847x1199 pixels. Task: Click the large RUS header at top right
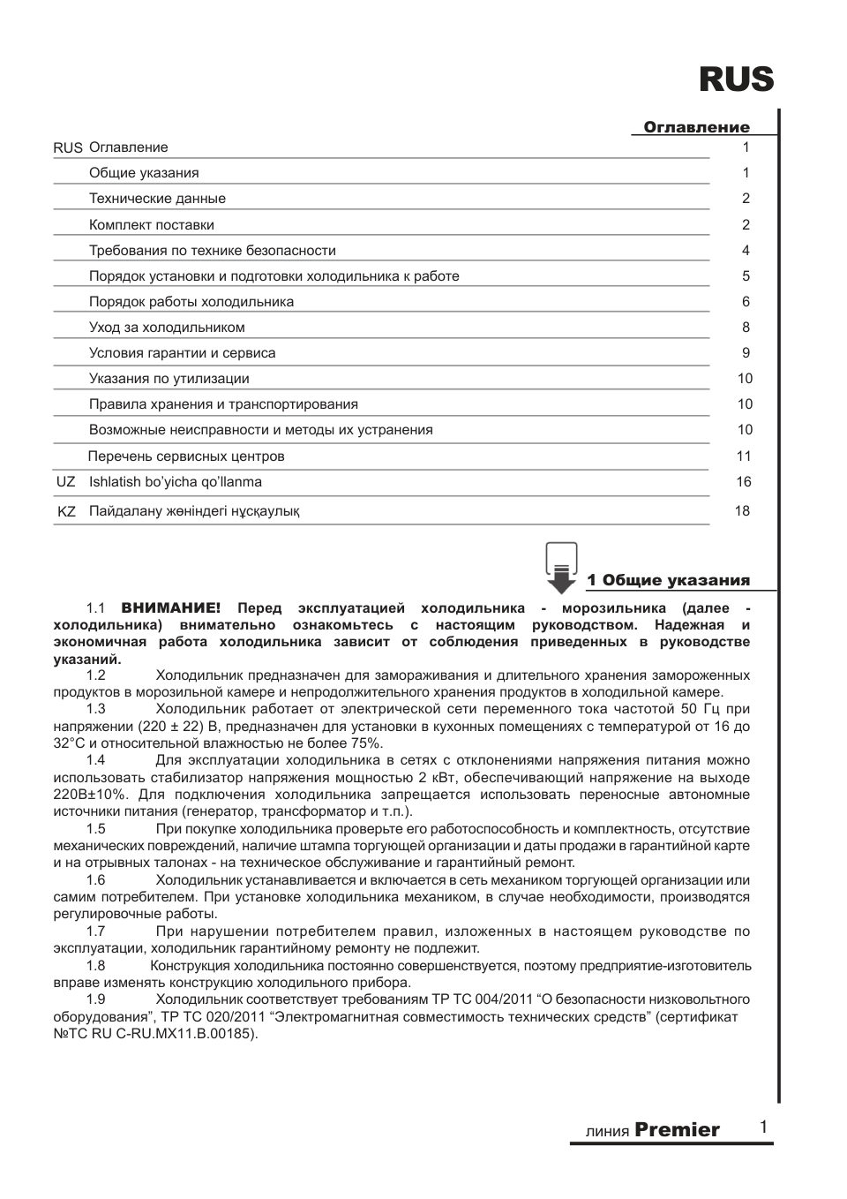736,80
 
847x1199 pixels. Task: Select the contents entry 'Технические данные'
157,199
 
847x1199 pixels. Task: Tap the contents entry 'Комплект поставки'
151,225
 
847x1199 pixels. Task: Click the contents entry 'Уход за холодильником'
167,328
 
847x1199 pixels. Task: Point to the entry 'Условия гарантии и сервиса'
182,353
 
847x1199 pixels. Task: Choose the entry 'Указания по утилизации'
169,379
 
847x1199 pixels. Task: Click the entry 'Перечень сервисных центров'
186,456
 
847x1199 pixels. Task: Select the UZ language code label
65,482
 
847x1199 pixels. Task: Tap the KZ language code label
66,511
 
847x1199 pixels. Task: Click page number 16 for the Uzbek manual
744,482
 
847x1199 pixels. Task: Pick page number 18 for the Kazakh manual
742,511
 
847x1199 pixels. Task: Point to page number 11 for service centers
744,456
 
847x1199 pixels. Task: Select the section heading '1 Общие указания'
668,580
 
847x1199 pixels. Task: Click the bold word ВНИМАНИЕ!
171,608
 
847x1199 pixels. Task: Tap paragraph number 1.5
95,829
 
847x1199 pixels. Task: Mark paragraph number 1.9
95,999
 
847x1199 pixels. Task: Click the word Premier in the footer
677,1130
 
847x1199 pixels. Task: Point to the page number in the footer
763,1127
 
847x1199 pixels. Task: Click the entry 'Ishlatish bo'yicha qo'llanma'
175,482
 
